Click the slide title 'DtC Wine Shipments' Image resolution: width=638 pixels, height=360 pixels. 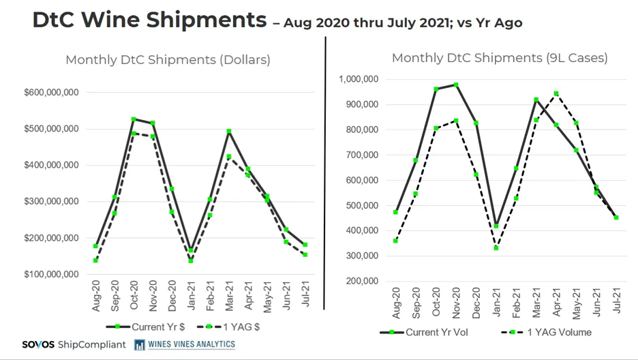[x=149, y=20]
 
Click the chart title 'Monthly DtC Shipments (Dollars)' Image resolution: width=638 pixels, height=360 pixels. [x=168, y=60]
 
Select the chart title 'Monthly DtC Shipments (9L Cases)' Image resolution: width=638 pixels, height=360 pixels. [x=499, y=58]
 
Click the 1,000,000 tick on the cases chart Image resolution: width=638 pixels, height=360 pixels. [x=359, y=80]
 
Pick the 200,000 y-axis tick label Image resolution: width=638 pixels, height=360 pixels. [x=361, y=281]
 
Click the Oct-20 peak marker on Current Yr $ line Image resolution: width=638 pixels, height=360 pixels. [x=134, y=119]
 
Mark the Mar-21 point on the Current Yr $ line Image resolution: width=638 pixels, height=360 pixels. [x=229, y=131]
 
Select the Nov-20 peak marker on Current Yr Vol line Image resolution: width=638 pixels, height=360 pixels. [x=455, y=85]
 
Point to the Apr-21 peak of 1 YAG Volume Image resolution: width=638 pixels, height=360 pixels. [x=556, y=93]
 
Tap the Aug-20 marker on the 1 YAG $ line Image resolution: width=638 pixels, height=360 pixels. [x=95, y=260]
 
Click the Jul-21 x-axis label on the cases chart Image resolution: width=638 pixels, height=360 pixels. [x=616, y=300]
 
